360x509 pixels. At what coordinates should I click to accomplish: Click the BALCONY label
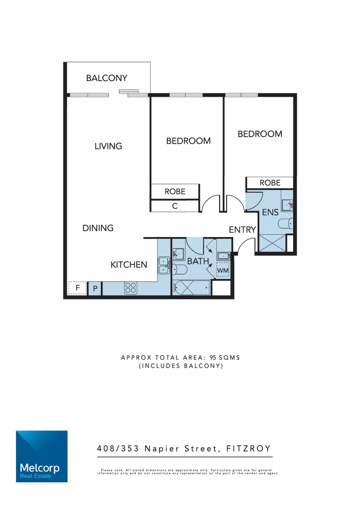click(106, 78)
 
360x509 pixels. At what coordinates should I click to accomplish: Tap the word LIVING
click(108, 146)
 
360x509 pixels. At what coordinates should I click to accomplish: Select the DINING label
click(98, 228)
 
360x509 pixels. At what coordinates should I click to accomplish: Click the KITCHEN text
click(129, 265)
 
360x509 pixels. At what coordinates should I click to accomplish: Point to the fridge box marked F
click(77, 287)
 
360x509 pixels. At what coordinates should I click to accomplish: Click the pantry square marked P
click(95, 288)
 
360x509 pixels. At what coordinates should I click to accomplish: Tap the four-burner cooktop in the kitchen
click(131, 288)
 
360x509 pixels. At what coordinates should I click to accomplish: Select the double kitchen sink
click(164, 265)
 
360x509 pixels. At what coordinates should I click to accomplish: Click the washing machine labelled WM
click(222, 271)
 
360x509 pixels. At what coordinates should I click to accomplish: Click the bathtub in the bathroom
click(191, 287)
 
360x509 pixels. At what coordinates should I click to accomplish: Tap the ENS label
click(270, 213)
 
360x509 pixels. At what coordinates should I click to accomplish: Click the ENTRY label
click(242, 230)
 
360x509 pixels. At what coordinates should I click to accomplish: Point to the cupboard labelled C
click(174, 206)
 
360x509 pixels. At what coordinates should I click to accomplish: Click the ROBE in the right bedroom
click(270, 183)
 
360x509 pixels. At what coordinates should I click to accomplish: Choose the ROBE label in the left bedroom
click(174, 191)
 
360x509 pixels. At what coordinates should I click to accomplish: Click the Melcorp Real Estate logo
click(41, 456)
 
